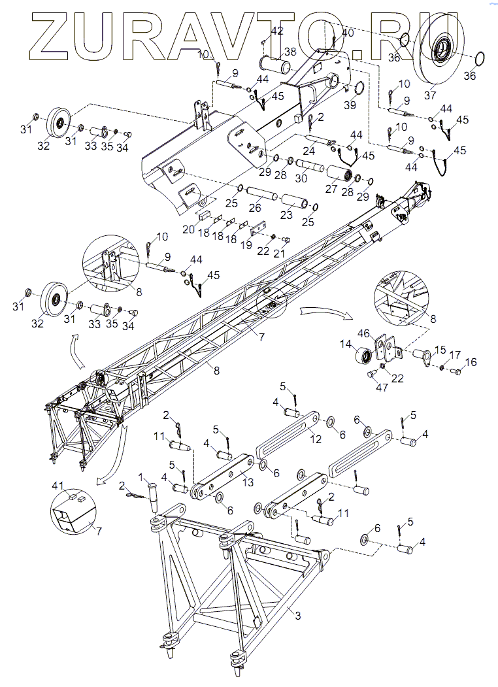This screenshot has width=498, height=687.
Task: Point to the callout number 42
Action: click(x=276, y=31)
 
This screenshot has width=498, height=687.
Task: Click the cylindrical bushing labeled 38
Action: click(x=280, y=66)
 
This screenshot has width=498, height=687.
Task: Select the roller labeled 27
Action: click(x=339, y=175)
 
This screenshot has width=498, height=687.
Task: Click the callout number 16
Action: click(x=471, y=361)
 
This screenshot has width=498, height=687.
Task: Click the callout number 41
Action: click(x=58, y=486)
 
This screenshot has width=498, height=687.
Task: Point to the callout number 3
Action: click(x=297, y=615)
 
